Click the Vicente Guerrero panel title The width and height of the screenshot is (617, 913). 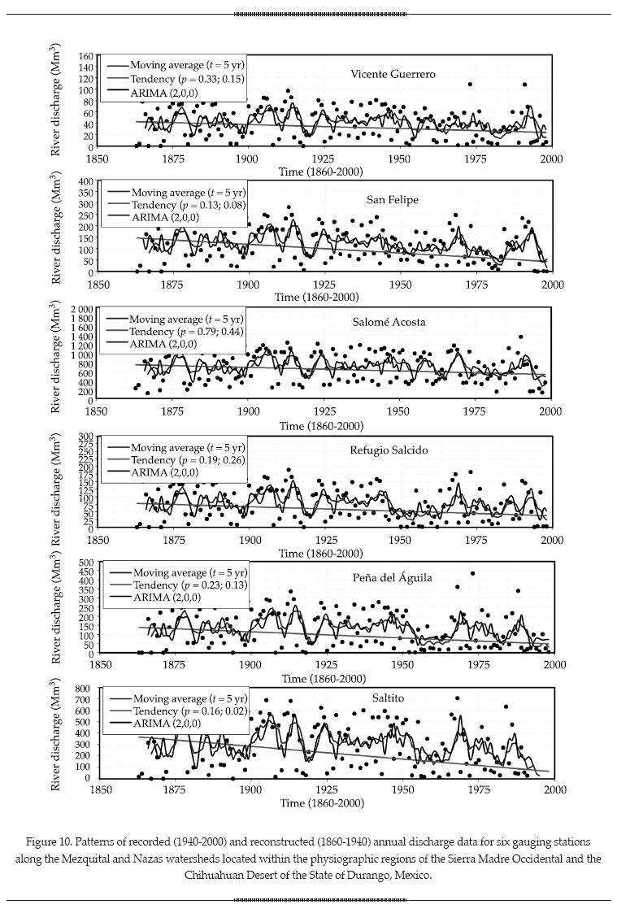[x=393, y=74]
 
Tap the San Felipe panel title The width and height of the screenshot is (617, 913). [x=393, y=199]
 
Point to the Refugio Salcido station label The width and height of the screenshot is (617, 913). [x=387, y=450]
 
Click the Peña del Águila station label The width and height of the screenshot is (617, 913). [x=392, y=577]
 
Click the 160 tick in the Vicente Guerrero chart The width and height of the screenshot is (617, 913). [x=85, y=57]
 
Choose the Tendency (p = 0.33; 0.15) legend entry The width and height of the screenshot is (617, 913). [x=188, y=80]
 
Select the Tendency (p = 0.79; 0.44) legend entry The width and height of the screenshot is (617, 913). [x=186, y=332]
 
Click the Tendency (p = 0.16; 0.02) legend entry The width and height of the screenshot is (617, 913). [x=190, y=711]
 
